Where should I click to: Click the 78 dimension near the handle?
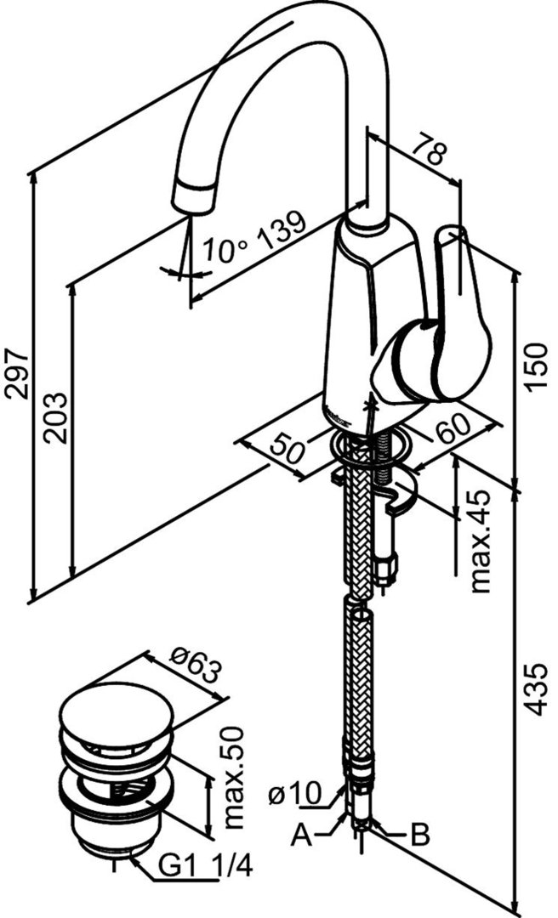(x=428, y=153)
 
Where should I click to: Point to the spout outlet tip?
(x=192, y=200)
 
